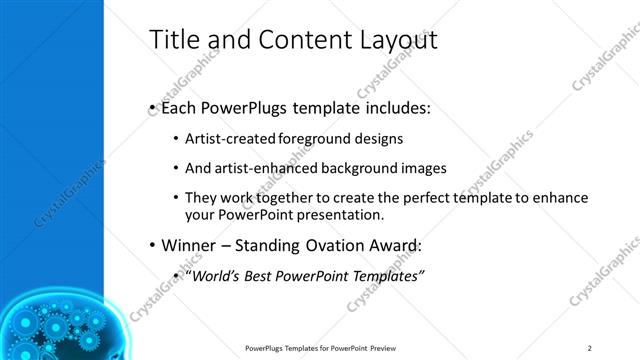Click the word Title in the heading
(172, 40)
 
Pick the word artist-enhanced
(260, 169)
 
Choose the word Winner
(187, 245)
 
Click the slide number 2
(589, 347)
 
